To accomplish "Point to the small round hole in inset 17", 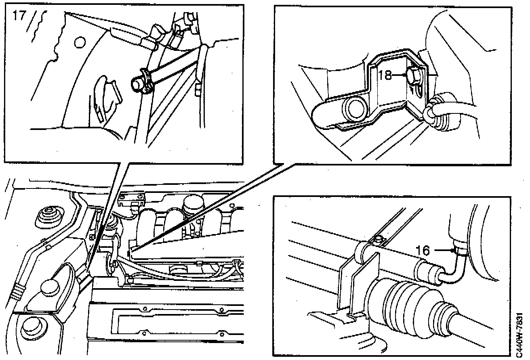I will click(x=80, y=42).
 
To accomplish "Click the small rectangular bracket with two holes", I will click(x=132, y=197).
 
